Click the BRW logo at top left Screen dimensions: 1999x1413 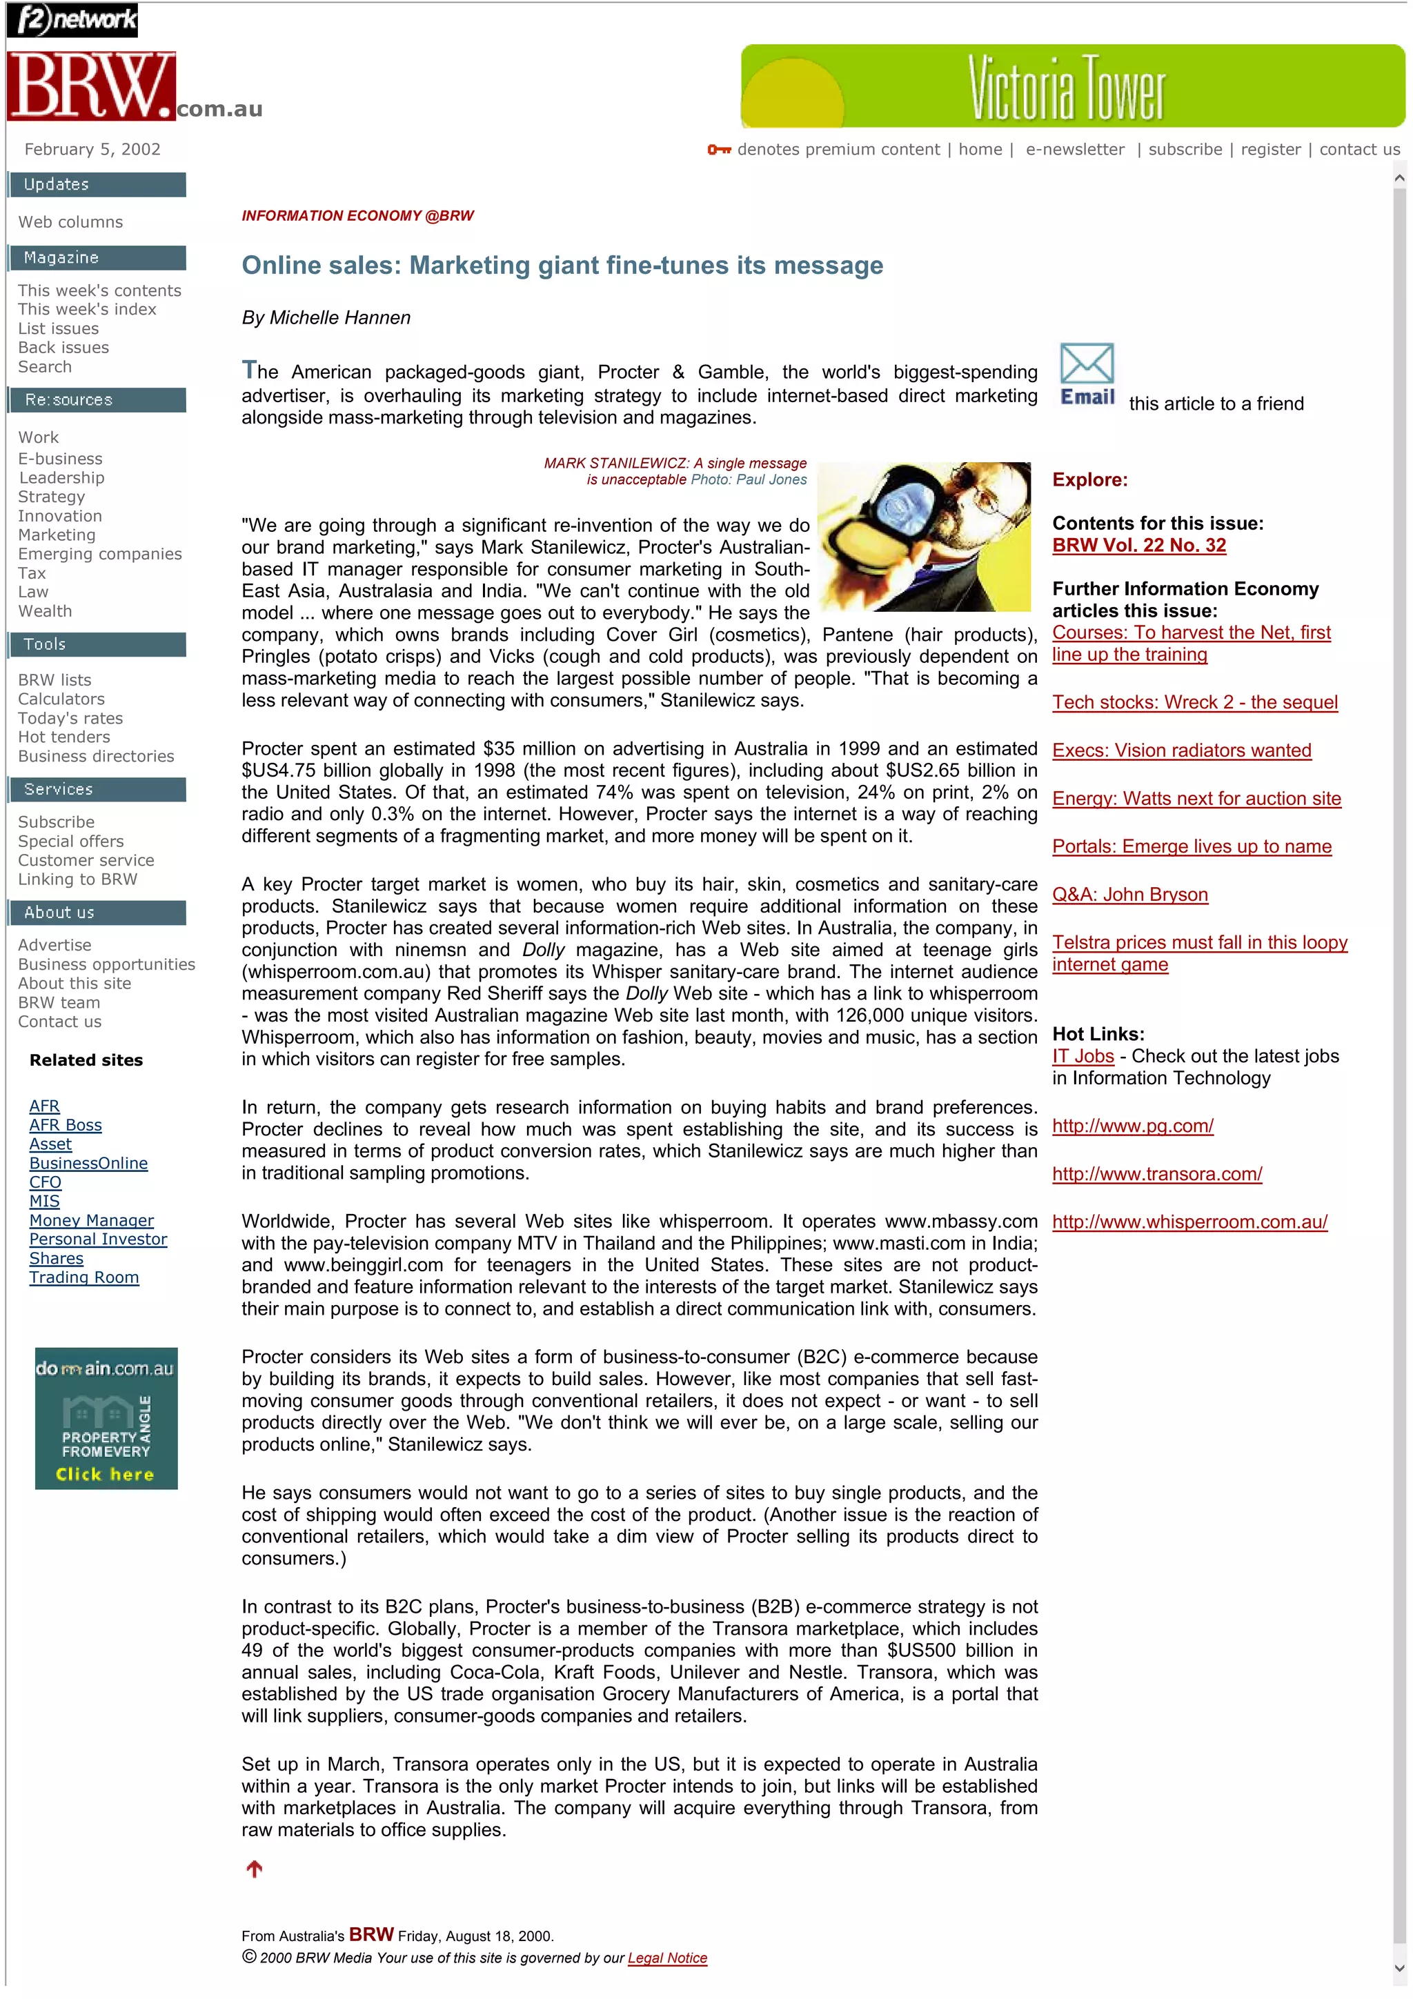coord(91,86)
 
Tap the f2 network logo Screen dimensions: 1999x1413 coord(72,19)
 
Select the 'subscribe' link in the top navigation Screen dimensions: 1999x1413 coord(1184,149)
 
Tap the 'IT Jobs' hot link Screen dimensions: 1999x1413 coord(1082,1055)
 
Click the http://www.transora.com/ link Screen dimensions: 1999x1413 coord(1156,1173)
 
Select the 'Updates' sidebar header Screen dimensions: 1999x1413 coord(97,185)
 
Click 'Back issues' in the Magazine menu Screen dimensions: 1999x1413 coord(63,348)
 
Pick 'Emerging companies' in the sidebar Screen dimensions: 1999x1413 coord(99,554)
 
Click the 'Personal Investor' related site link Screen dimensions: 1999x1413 coord(97,1239)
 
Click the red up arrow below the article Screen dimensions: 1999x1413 coord(254,1869)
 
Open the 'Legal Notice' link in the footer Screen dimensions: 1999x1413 coord(667,1958)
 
